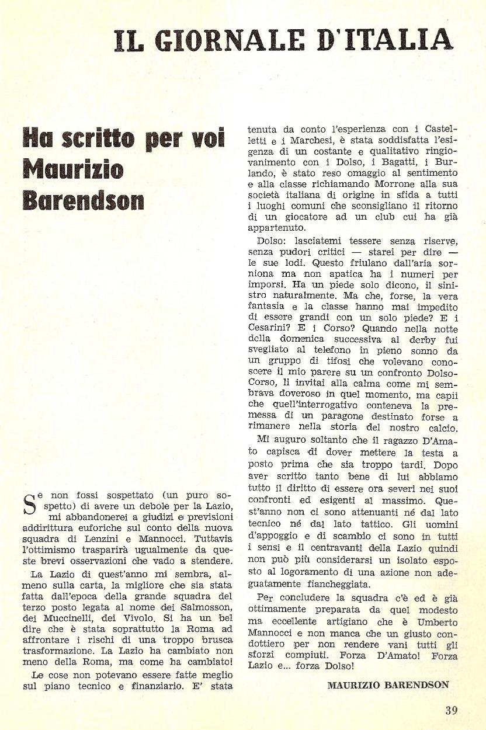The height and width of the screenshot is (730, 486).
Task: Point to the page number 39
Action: pyautogui.click(x=451, y=710)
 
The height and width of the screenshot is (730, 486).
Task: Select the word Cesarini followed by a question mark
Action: pyautogui.click(x=273, y=328)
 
